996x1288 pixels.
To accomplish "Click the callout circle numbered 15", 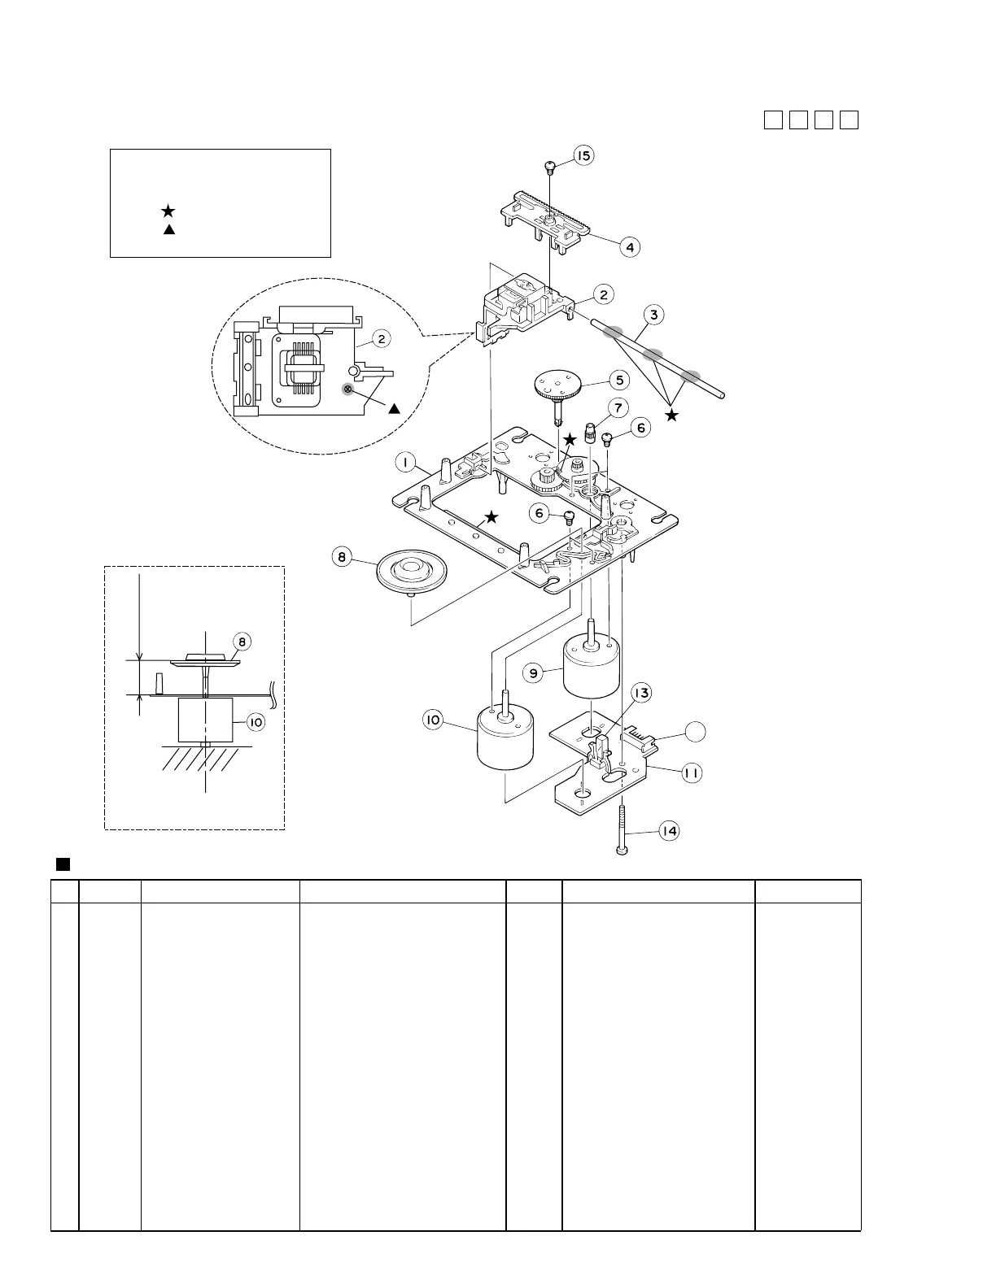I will (584, 155).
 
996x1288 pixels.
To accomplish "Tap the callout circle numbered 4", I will (631, 246).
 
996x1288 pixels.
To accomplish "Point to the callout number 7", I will (618, 407).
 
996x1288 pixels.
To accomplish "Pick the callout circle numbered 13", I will (642, 694).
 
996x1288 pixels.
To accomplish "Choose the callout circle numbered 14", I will (669, 831).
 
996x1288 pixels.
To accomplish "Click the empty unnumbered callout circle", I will (694, 731).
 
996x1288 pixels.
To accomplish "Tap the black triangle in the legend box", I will (169, 230).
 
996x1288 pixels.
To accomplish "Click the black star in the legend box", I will (168, 211).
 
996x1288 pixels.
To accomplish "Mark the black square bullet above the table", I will (59, 862).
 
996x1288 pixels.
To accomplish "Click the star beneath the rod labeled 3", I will (671, 416).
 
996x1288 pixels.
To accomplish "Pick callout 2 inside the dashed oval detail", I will (380, 337).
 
